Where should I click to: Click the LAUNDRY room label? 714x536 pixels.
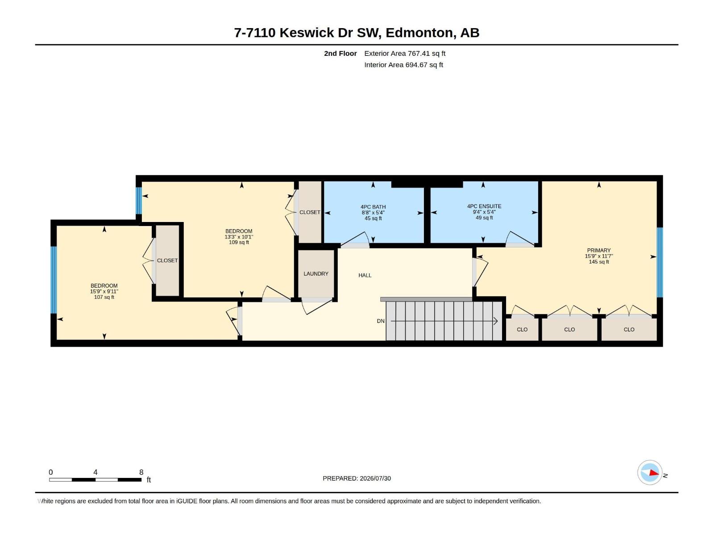(316, 274)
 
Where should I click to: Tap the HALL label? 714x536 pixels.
(365, 275)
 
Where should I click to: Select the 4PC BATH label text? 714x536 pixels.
(373, 207)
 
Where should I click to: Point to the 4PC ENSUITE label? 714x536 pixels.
(484, 206)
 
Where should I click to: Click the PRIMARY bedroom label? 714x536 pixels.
(598, 250)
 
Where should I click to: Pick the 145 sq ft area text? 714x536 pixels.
(598, 262)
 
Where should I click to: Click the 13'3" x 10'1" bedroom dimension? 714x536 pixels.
(239, 237)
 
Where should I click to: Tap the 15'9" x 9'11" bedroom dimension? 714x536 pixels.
(104, 292)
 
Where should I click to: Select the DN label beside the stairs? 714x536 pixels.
(381, 321)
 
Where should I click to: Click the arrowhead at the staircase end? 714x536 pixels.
(495, 321)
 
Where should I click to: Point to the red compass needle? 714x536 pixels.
(654, 473)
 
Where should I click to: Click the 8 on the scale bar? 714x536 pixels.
(141, 472)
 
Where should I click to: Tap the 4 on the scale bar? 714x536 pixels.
(95, 472)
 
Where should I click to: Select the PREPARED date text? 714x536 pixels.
(357, 478)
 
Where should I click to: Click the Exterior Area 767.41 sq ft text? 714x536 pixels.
(405, 53)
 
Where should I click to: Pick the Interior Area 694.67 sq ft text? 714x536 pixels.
(403, 65)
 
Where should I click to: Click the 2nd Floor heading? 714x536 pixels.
(340, 53)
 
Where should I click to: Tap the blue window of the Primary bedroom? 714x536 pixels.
(660, 262)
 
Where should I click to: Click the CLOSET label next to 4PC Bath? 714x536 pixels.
(310, 212)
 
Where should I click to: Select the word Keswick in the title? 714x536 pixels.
(307, 33)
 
